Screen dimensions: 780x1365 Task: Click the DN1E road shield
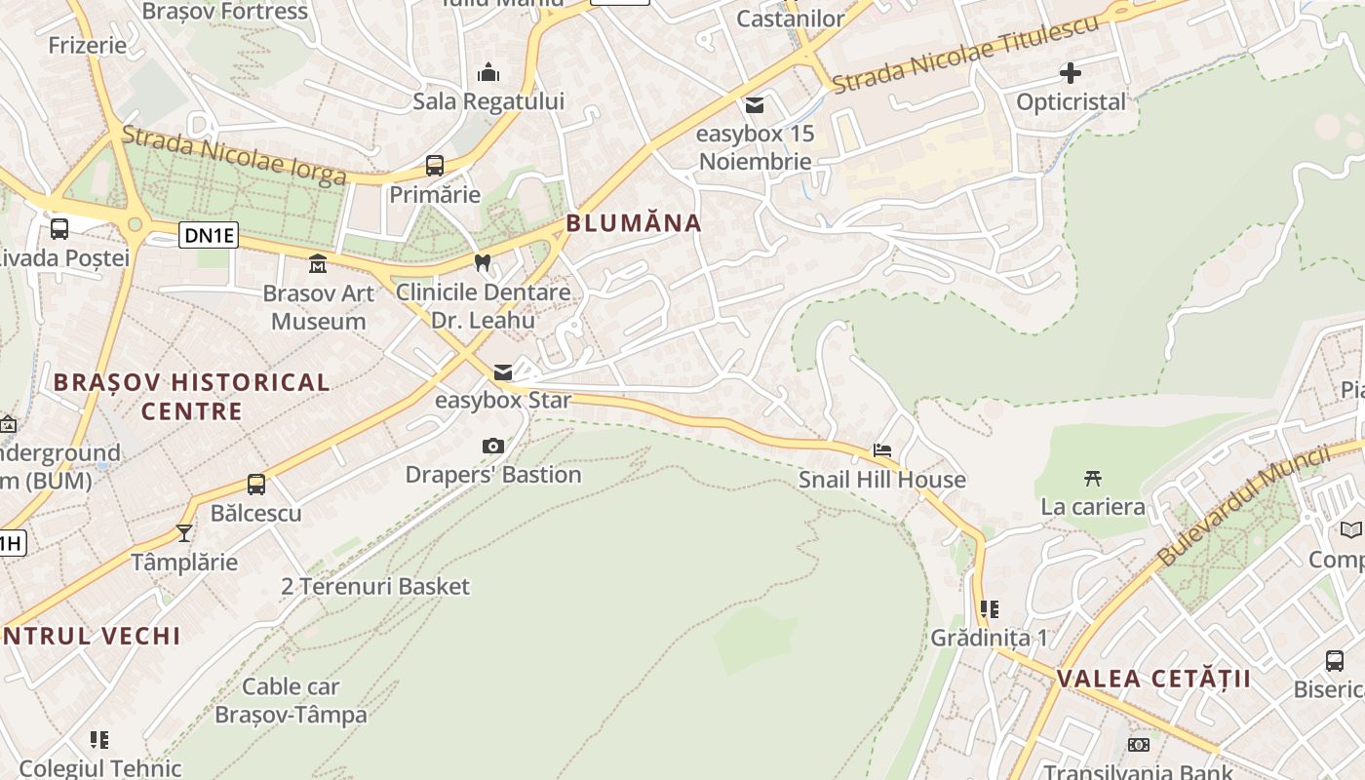209,234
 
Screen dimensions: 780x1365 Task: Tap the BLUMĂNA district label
634,223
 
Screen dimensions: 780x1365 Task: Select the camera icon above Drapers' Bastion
493,447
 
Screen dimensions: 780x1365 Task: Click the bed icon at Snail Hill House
882,450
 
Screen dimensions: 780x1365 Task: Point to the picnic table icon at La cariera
1093,478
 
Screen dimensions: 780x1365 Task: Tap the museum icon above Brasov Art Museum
318,264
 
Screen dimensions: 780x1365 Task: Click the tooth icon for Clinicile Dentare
482,262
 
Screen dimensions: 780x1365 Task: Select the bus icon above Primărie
435,166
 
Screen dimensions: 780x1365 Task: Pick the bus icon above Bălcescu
256,484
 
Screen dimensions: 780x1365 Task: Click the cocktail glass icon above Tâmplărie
184,532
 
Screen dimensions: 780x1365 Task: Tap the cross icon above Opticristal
1071,73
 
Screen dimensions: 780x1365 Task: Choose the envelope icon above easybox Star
503,371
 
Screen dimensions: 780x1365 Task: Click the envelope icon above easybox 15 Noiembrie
755,105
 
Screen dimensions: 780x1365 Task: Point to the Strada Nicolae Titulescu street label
965,54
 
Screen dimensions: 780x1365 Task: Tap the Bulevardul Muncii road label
1244,506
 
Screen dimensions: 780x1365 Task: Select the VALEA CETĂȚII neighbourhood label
1153,679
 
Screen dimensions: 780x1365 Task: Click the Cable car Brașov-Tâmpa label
291,700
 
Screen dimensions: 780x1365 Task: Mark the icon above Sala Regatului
488,73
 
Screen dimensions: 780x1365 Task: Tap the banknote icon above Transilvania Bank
1139,745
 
